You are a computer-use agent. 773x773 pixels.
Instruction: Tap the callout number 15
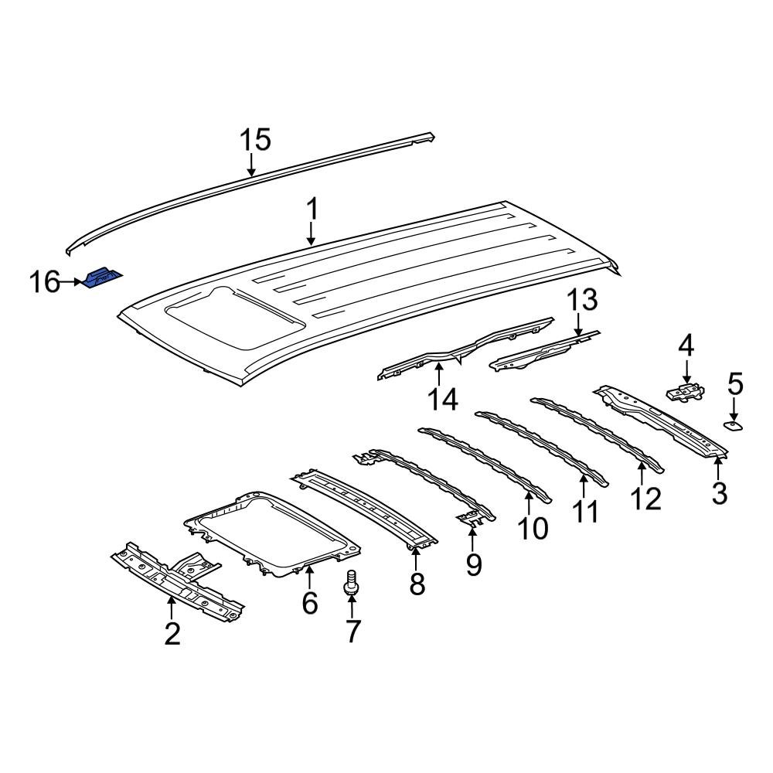[x=254, y=141]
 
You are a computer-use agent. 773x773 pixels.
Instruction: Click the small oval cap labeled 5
[x=732, y=424]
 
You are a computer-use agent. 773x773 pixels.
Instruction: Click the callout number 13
[x=584, y=300]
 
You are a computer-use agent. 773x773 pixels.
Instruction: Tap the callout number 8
[x=417, y=584]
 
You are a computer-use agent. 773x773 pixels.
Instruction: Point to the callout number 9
[x=473, y=564]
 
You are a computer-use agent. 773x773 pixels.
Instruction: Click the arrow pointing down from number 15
[x=251, y=164]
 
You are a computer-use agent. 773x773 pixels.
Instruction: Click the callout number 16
[x=45, y=282]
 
